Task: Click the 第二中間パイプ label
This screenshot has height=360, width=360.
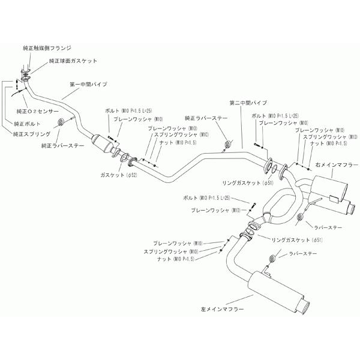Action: tap(248, 103)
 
